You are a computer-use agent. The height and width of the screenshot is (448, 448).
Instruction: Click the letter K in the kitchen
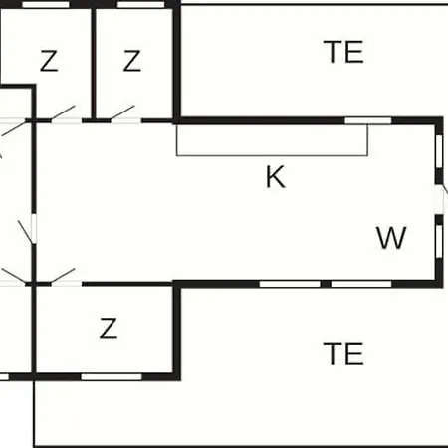tap(275, 177)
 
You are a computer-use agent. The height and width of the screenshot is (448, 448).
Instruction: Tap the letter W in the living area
tap(391, 237)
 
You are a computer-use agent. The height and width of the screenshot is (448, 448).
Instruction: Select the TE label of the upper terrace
tap(343, 52)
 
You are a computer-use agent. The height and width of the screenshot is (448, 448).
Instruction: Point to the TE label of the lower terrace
tap(343, 354)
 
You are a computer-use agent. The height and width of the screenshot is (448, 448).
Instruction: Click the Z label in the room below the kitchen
tap(109, 329)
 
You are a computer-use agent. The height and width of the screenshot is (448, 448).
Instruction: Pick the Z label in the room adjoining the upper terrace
tap(132, 61)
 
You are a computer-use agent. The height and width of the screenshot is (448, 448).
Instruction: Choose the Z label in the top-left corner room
tap(49, 61)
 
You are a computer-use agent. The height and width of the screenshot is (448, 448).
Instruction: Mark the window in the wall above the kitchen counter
tap(368, 120)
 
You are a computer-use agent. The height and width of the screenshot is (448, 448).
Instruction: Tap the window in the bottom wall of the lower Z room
tap(112, 377)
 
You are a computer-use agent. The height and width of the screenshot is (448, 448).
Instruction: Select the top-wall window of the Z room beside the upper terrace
tap(141, 4)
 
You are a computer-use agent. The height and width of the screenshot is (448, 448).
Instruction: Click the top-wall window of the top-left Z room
tap(46, 4)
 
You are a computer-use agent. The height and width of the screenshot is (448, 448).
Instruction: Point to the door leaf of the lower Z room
tap(63, 276)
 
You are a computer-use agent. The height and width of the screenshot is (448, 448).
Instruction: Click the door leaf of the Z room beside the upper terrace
tap(122, 113)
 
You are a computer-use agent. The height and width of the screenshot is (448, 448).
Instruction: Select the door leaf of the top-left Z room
tap(63, 113)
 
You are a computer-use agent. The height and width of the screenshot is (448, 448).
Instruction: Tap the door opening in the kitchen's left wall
tap(33, 229)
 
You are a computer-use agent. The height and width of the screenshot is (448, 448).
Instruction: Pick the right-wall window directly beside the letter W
tap(439, 241)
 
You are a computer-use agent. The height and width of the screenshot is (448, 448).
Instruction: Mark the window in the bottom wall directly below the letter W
tap(361, 284)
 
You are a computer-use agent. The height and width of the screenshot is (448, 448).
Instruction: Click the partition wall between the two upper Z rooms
tap(94, 63)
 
